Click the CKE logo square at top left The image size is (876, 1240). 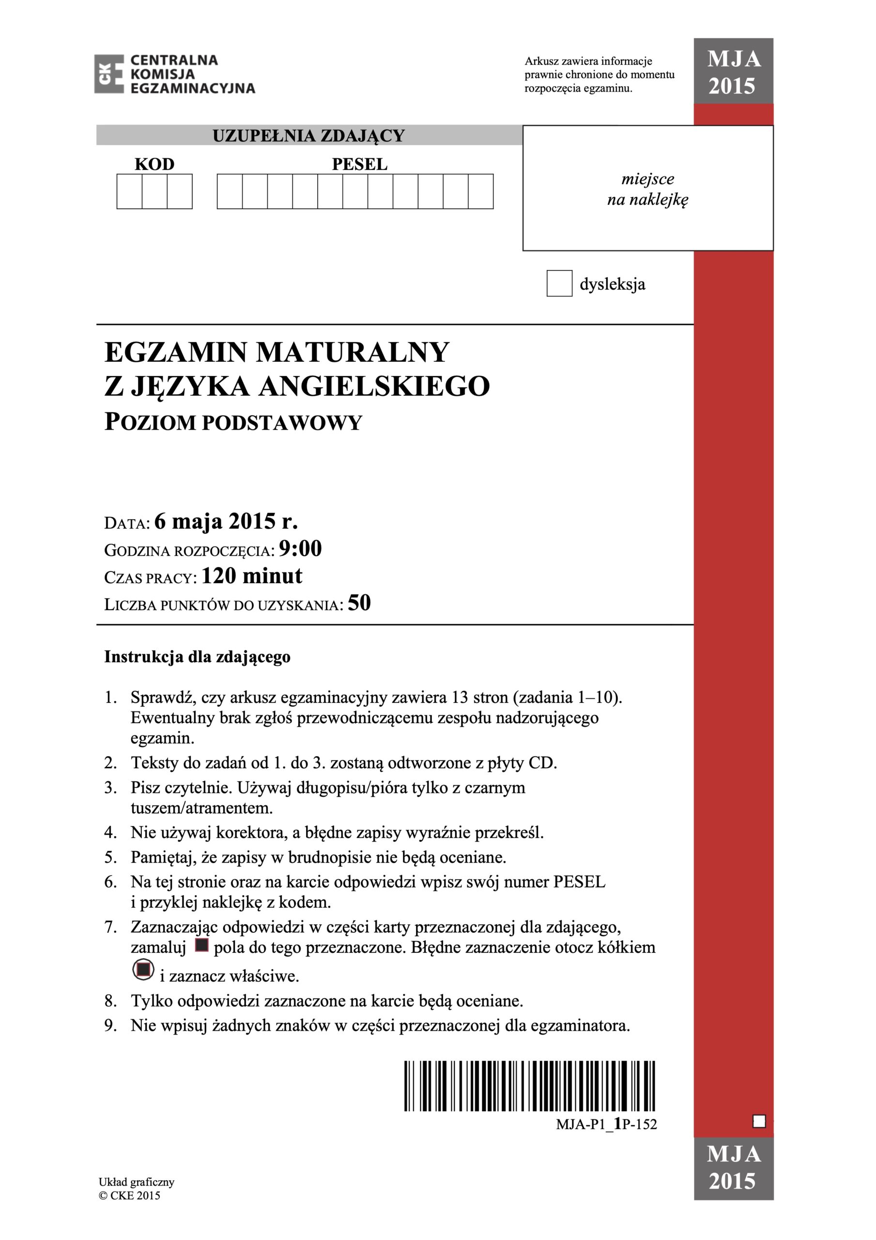tap(108, 74)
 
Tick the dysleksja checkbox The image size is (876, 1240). tap(559, 283)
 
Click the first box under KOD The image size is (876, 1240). tap(130, 191)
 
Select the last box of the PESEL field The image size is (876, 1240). tap(481, 191)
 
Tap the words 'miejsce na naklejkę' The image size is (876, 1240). tap(647, 189)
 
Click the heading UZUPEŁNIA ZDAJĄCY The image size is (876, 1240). tap(308, 136)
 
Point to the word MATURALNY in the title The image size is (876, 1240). tap(352, 352)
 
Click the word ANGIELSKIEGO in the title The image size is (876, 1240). tap(374, 387)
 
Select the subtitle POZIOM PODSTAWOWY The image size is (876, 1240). tap(233, 422)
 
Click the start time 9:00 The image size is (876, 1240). tap(300, 549)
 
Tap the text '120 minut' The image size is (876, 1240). tap(252, 576)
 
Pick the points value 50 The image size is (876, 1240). tap(359, 603)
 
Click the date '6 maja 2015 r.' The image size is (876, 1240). tap(226, 522)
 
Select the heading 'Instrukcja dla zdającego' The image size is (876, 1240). tap(197, 657)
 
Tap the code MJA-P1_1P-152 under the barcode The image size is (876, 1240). tap(606, 1124)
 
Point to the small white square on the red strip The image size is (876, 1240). tap(759, 1122)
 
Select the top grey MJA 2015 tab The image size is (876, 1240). tap(734, 72)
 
